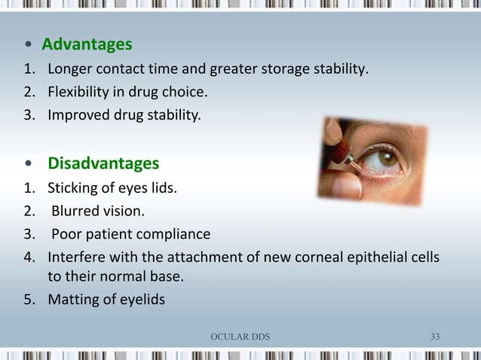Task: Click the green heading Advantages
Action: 87,44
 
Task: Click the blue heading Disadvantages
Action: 103,163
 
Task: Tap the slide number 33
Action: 435,336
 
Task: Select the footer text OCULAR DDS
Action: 240,336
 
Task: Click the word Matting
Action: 74,299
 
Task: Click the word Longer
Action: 70,71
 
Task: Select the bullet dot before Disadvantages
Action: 29,164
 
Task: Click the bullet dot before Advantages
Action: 28,45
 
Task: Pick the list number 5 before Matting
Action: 28,299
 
